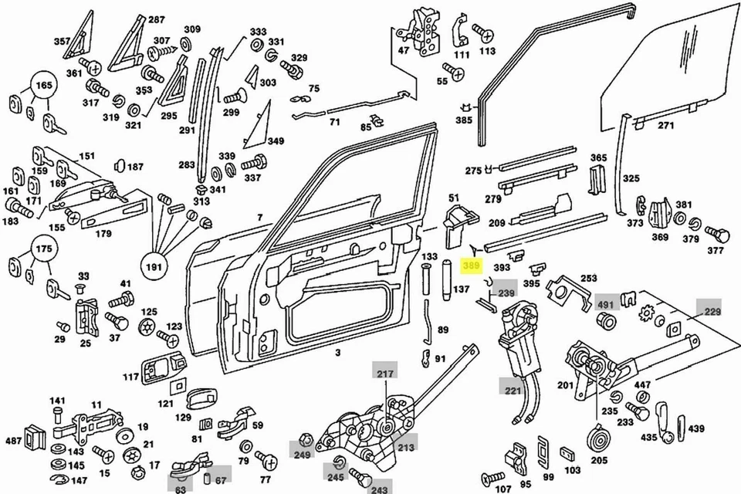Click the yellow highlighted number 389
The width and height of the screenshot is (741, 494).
tap(471, 266)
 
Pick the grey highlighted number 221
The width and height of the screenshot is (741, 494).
tap(513, 391)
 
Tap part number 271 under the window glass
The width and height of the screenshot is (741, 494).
tap(665, 124)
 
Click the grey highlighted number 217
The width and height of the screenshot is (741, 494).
tap(384, 374)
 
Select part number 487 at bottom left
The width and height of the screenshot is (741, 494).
tap(13, 441)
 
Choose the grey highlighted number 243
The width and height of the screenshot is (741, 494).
tap(379, 489)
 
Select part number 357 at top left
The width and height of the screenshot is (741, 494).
tap(62, 41)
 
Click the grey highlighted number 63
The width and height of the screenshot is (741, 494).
tap(180, 489)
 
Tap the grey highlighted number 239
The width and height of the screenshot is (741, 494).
tap(506, 293)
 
